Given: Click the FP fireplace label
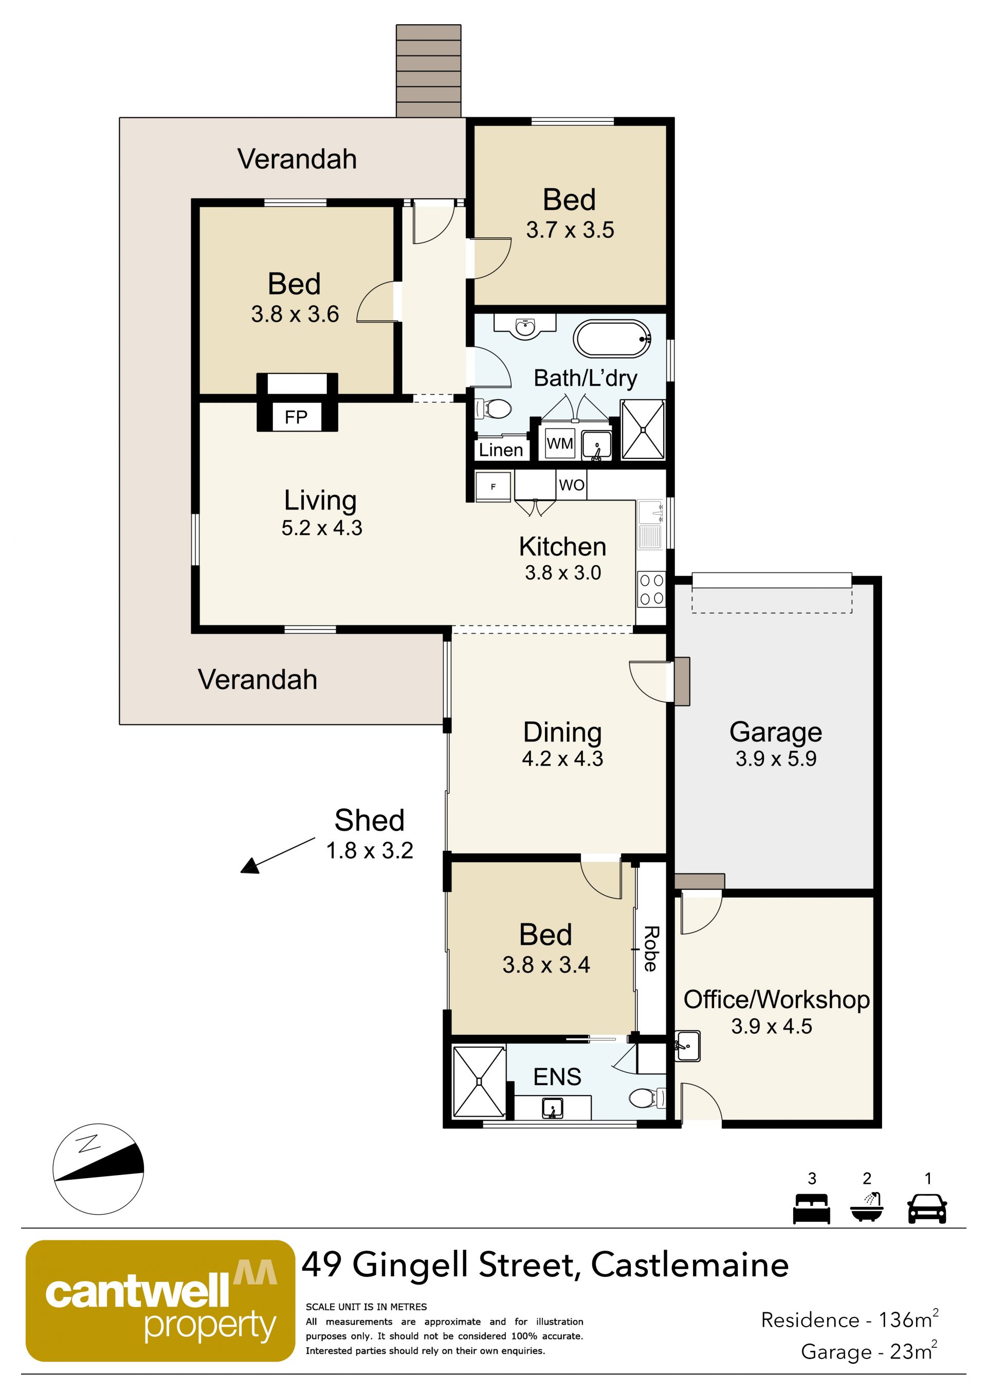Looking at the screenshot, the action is (296, 417).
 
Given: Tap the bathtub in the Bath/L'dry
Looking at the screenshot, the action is (613, 339).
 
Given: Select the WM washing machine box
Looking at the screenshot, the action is (560, 443).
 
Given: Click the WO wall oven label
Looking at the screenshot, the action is (572, 485).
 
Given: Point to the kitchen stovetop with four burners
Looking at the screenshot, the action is (651, 589).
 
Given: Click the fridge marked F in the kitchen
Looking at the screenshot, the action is (493, 487).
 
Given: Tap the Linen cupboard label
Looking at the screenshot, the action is (501, 450).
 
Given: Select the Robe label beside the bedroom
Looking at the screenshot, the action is (651, 949).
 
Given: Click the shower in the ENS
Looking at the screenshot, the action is (480, 1082).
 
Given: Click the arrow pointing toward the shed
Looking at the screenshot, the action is (278, 855).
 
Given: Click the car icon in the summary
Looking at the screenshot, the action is (927, 1208).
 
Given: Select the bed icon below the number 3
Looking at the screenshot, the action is (811, 1208).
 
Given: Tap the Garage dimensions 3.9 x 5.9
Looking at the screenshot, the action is (776, 759).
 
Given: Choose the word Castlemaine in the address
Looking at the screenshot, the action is (690, 1266).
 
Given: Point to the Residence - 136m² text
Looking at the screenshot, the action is (850, 1319).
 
